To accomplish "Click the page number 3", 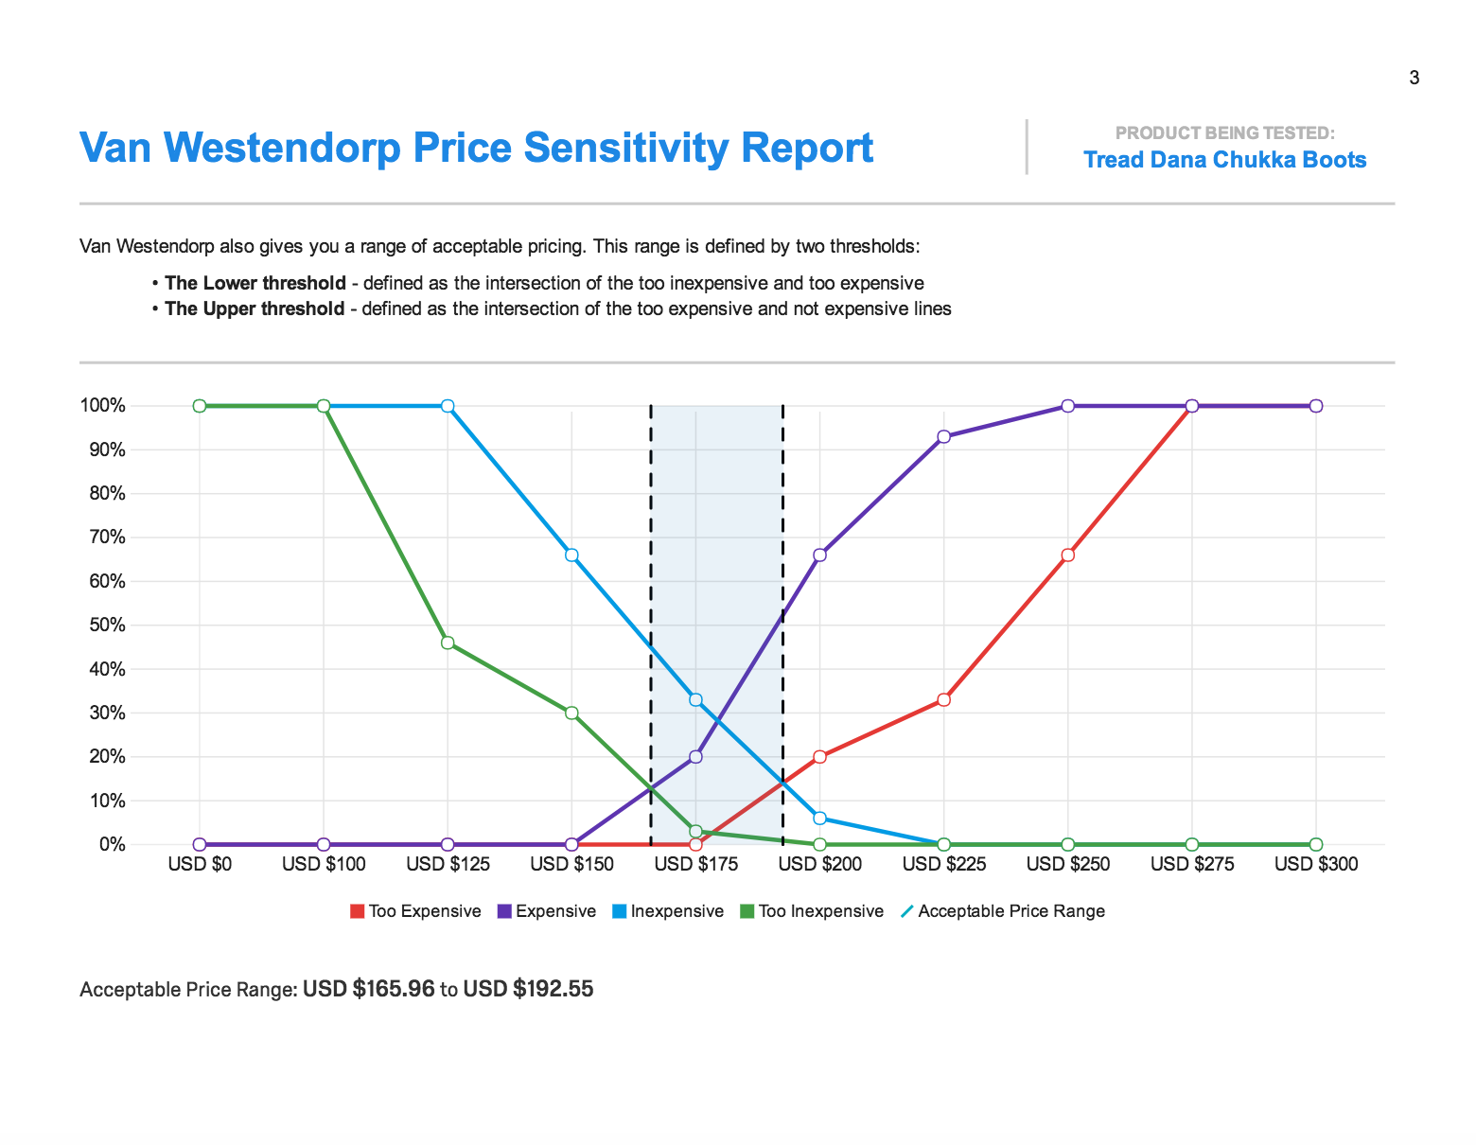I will (x=1414, y=78).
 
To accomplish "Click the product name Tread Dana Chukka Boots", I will (x=1224, y=160).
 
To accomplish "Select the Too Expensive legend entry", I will (x=415, y=911).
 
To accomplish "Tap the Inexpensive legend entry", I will (x=667, y=911).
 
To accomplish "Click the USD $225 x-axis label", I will (x=943, y=864).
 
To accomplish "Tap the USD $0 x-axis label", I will (x=200, y=864).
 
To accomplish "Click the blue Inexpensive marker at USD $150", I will (x=571, y=555).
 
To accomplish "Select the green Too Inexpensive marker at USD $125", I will (x=448, y=643).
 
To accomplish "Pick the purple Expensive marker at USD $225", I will (x=943, y=437).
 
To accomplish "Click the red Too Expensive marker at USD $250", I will (x=1067, y=555).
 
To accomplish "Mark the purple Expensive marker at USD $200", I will (x=819, y=555).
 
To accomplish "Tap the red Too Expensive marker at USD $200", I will (x=819, y=757).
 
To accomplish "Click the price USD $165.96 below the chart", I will (x=368, y=990).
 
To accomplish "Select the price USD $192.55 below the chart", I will (x=528, y=990).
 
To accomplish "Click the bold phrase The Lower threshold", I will (x=255, y=283).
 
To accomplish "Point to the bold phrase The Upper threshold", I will (x=255, y=308).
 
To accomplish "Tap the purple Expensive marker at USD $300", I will (x=1315, y=406).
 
